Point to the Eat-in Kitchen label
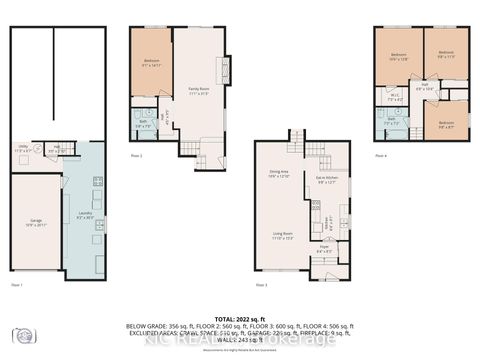[x=327, y=181]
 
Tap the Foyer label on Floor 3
[x=323, y=250]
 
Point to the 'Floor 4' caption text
[x=381, y=156]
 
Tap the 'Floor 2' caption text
[x=136, y=157]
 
